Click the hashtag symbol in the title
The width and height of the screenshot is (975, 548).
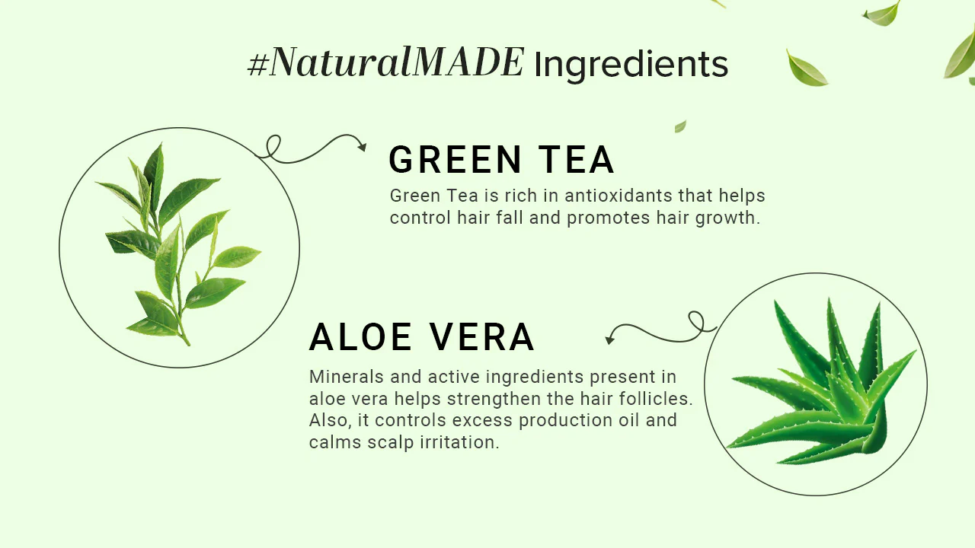(x=259, y=65)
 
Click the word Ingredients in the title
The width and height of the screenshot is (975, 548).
(x=631, y=65)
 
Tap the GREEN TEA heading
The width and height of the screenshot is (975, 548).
(x=501, y=160)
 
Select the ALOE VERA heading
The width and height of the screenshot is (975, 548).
(x=421, y=337)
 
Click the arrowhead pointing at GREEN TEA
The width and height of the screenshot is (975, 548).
(x=362, y=146)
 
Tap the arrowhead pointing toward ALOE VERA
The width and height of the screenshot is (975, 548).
(x=609, y=339)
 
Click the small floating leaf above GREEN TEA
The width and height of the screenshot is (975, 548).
(x=680, y=126)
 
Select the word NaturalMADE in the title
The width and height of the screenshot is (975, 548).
(x=397, y=63)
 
